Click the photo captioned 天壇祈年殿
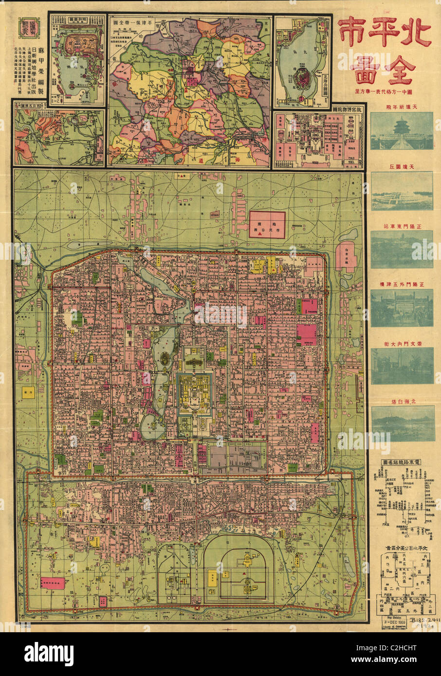[x=402, y=130]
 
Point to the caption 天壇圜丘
[x=402, y=166]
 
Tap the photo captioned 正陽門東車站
[x=402, y=249]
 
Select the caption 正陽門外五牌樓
[x=402, y=284]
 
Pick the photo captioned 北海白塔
[x=402, y=423]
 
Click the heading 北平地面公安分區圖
[x=402, y=548]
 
